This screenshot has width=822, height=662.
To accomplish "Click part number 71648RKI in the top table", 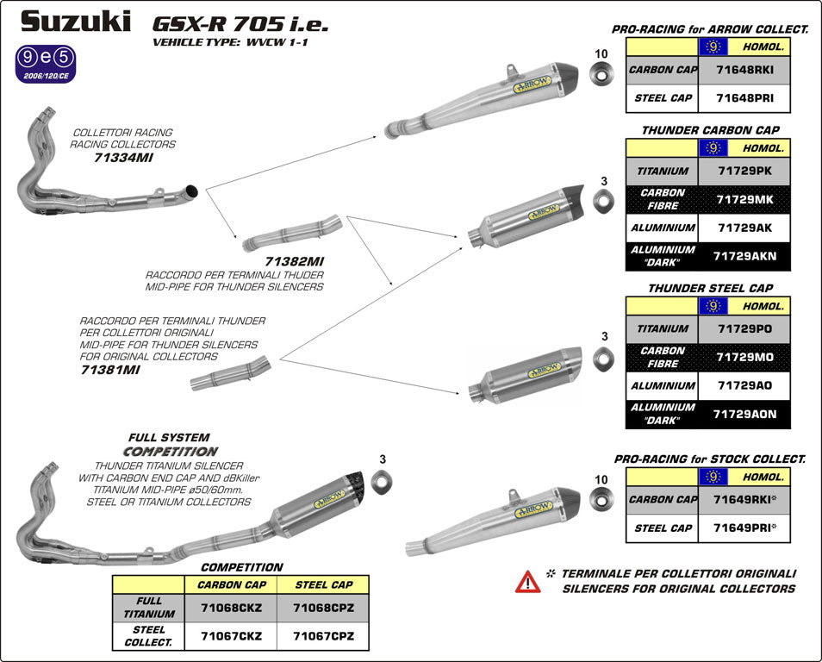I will click(744, 70).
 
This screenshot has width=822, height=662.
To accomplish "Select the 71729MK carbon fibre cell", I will click(744, 200).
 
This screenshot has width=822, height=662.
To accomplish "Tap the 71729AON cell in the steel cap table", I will click(744, 414).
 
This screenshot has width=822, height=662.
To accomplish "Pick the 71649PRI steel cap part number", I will click(744, 528).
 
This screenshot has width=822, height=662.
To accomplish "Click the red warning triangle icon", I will click(528, 581).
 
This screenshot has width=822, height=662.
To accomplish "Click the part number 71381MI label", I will click(112, 368).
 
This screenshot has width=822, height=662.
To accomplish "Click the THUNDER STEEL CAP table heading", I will click(710, 288).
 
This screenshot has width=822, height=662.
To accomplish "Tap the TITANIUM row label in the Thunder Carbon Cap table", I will click(662, 171).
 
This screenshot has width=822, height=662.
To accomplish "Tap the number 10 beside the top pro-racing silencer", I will click(601, 53).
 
